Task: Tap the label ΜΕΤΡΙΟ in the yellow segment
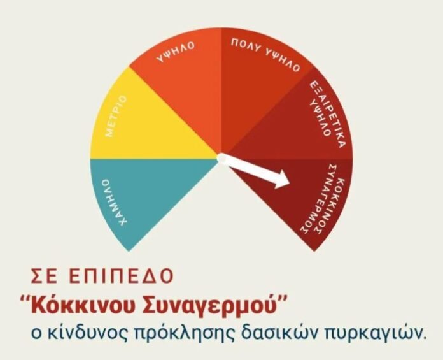(x=116, y=116)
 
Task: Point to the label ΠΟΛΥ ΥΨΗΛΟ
(x=265, y=54)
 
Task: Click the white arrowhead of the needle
(x=283, y=179)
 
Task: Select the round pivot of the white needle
(x=222, y=158)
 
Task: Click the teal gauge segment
(x=141, y=192)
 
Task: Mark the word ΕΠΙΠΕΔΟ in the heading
(x=121, y=275)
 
